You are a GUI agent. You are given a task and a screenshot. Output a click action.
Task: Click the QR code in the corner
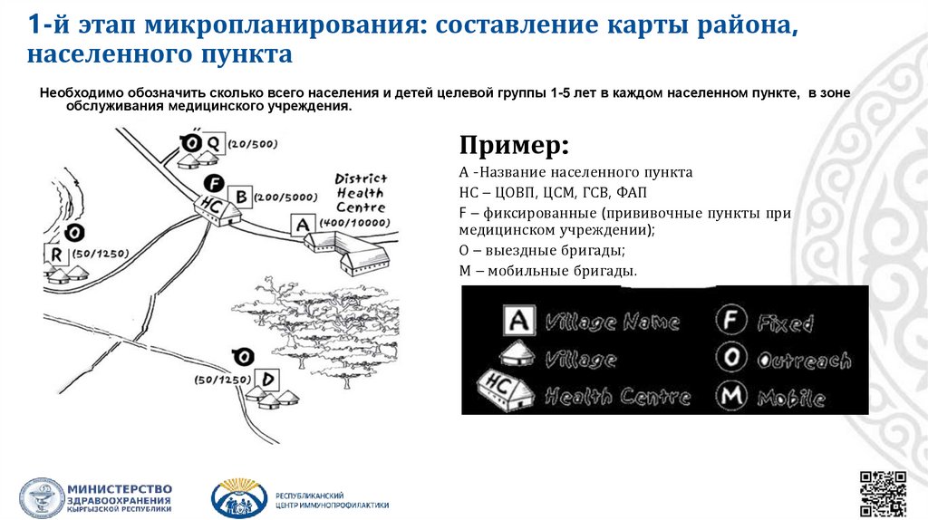click(883, 493)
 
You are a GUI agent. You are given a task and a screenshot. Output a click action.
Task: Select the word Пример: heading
click(515, 145)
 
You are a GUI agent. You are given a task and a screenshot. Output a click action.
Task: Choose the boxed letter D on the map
click(268, 378)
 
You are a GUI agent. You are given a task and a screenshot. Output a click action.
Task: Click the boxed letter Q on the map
click(214, 143)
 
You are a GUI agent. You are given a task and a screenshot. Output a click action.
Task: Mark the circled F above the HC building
click(212, 182)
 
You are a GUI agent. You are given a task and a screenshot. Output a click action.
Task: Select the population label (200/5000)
click(286, 196)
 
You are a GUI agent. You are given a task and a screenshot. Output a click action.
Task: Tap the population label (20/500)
click(253, 144)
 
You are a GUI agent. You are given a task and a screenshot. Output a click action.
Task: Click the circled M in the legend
click(730, 396)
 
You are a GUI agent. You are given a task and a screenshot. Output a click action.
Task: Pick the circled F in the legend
click(730, 321)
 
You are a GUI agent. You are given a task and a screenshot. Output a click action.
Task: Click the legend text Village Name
click(611, 323)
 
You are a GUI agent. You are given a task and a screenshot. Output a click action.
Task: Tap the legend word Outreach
click(805, 360)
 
